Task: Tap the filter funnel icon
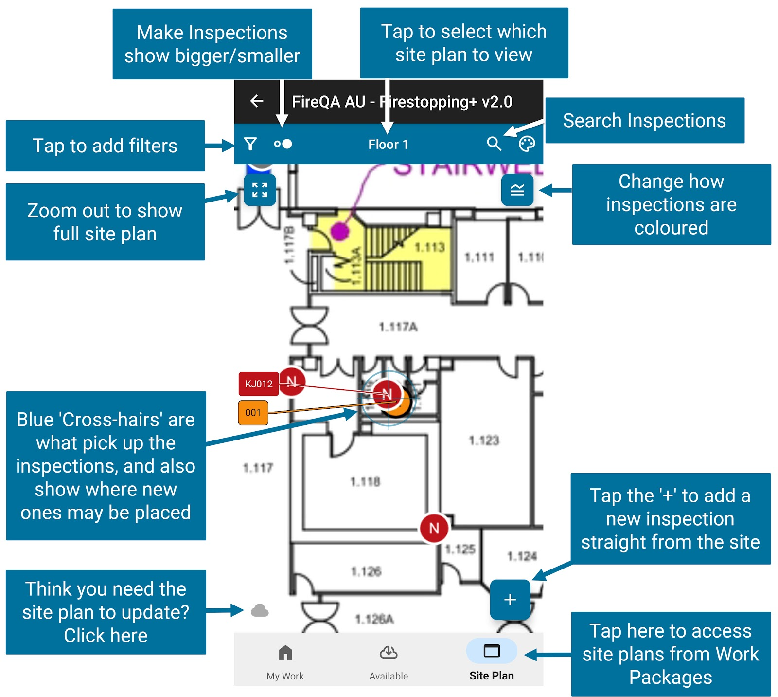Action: tap(250, 144)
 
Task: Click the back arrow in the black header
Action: tap(257, 101)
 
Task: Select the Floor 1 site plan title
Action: tap(388, 145)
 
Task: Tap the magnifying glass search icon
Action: tap(494, 144)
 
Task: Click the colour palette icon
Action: tap(527, 144)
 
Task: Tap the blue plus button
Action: tap(510, 600)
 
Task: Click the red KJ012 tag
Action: tap(259, 384)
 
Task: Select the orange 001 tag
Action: tap(253, 413)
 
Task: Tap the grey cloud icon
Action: tap(260, 610)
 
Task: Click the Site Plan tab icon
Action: tap(492, 651)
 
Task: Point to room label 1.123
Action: tap(484, 440)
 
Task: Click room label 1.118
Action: tap(365, 482)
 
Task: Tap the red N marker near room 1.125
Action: tap(434, 528)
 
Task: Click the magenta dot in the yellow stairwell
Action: tap(340, 230)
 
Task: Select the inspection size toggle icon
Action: tap(283, 144)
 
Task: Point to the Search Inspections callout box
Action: tap(644, 120)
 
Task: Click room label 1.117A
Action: tap(398, 327)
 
